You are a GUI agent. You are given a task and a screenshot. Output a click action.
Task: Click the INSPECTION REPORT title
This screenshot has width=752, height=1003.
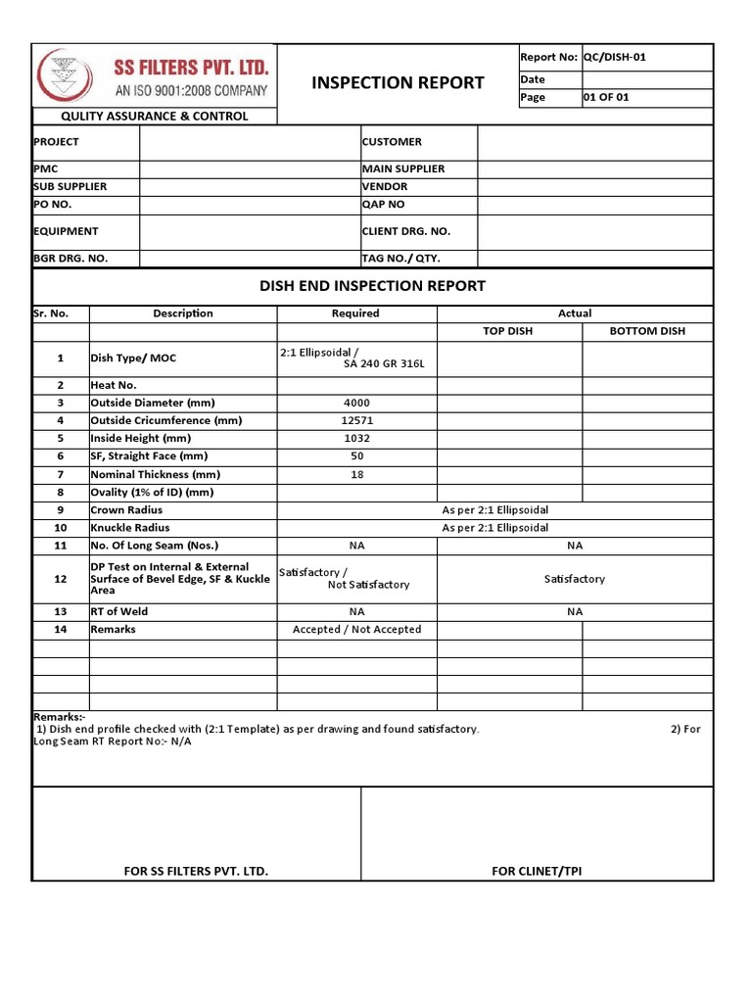pos(398,82)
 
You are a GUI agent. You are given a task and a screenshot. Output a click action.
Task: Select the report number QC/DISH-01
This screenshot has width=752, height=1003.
pos(614,57)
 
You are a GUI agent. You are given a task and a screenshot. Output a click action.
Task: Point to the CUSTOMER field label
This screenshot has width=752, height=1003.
pos(392,142)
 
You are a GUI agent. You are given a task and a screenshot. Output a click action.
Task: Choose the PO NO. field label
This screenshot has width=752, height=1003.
pos(53,205)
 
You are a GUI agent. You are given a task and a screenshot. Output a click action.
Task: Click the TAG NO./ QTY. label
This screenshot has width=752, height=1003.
pos(401,259)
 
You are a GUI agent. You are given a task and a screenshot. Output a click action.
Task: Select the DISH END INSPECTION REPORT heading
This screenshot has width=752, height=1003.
pos(372,286)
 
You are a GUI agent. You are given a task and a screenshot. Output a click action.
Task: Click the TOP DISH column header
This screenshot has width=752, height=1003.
pos(508,331)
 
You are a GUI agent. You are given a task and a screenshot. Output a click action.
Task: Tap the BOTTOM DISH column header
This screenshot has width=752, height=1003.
pos(647,331)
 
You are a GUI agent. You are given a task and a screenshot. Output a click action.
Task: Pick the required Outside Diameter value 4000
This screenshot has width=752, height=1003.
pos(356,403)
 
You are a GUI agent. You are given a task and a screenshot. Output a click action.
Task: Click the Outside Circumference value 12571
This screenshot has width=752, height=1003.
pos(356,420)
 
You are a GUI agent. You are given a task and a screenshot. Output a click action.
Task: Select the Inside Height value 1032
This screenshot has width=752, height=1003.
pos(356,438)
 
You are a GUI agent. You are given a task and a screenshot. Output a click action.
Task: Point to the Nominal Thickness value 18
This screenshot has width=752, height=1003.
pos(356,474)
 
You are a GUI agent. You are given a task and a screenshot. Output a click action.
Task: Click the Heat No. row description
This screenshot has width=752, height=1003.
pos(113,385)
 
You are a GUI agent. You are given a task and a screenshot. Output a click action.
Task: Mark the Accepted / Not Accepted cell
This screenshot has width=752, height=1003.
pos(356,630)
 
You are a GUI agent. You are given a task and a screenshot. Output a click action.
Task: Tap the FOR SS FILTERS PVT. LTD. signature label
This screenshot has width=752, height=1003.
pos(196,871)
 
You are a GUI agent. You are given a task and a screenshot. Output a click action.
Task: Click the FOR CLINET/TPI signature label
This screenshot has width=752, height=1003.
pos(537,871)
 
